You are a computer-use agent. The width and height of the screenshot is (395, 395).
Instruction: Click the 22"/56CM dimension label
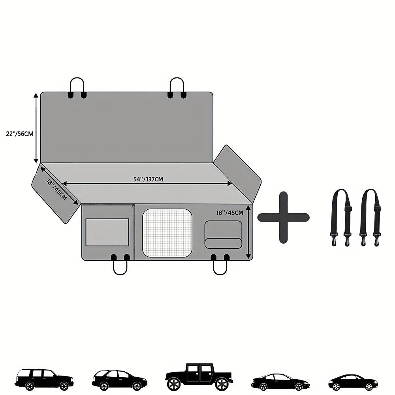coord(20,134)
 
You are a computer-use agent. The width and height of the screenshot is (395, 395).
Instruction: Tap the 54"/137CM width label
coord(148,179)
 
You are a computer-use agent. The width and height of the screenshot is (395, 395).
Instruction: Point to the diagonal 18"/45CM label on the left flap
coord(56,189)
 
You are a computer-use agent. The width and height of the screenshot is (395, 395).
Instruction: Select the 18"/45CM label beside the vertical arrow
coord(230,213)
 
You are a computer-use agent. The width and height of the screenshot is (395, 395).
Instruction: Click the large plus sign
coord(283,217)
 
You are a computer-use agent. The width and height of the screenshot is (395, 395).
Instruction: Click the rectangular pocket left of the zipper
coord(107,232)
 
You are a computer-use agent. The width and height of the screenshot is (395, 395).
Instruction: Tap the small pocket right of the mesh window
coord(223,235)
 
